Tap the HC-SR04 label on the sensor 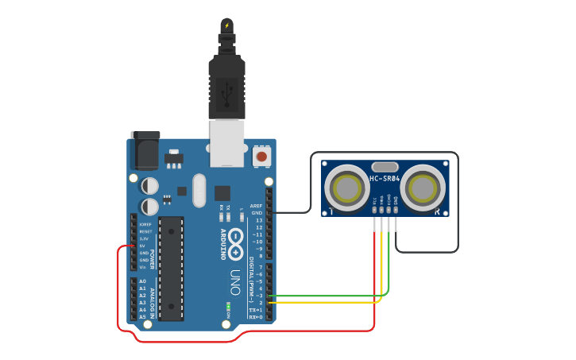pyautogui.click(x=385, y=179)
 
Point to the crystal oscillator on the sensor pyautogui.click(x=385, y=166)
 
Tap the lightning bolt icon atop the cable pyautogui.click(x=227, y=25)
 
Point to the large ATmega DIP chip pyautogui.click(x=171, y=268)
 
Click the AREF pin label pyautogui.click(x=256, y=206)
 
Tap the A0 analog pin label pyautogui.click(x=142, y=281)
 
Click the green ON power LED pyautogui.click(x=229, y=307)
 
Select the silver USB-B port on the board pyautogui.click(x=227, y=143)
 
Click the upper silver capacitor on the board pyautogui.click(x=149, y=186)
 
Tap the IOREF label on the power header pyautogui.click(x=145, y=225)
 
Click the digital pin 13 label pyautogui.click(x=258, y=220)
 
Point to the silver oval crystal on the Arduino pyautogui.click(x=199, y=190)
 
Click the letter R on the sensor pyautogui.click(x=437, y=212)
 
